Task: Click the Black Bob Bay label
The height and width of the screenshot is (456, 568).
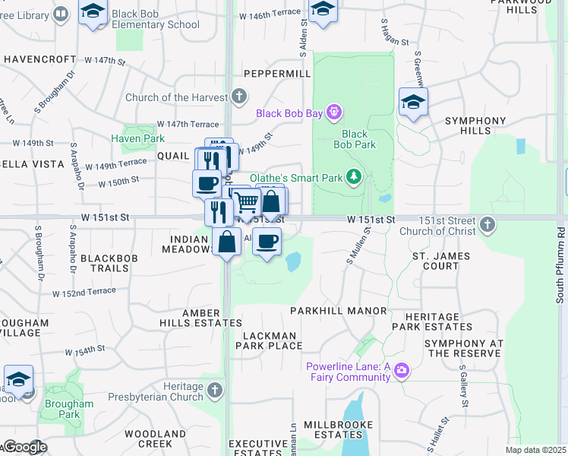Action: coord(289,113)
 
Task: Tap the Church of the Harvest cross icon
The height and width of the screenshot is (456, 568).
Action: coord(239,96)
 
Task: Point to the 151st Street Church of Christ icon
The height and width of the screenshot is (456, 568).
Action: coord(488,224)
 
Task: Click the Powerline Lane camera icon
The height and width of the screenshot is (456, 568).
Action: coord(402,371)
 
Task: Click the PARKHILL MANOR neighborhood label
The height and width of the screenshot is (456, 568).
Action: coord(339,311)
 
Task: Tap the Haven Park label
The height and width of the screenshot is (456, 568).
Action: coord(137,138)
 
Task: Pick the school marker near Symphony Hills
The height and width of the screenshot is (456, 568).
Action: coord(413,103)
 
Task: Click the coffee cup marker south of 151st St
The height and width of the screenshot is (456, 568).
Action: coord(266,242)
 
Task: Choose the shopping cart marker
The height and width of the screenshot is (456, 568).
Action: coord(247,203)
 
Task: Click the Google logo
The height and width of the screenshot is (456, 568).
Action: coord(24,448)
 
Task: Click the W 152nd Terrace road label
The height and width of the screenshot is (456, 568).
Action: coord(84,292)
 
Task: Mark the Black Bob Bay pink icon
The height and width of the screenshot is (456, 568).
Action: coord(333,113)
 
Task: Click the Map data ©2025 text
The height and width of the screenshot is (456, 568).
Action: coord(535,450)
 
